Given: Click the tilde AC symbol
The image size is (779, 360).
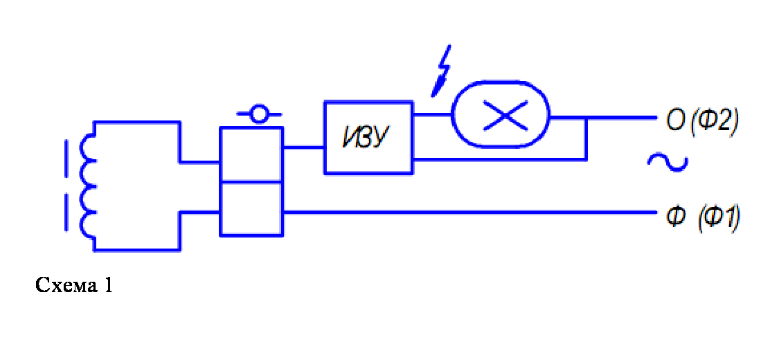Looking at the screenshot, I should click(667, 163).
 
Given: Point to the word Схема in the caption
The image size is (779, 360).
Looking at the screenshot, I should click(63, 285).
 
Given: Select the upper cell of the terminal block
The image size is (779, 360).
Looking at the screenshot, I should click(251, 154).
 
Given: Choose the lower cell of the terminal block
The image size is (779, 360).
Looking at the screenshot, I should click(251, 208).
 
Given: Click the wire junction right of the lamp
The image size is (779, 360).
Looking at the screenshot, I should click(587, 118).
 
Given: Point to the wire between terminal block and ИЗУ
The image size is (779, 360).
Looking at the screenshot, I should click(303, 147).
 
